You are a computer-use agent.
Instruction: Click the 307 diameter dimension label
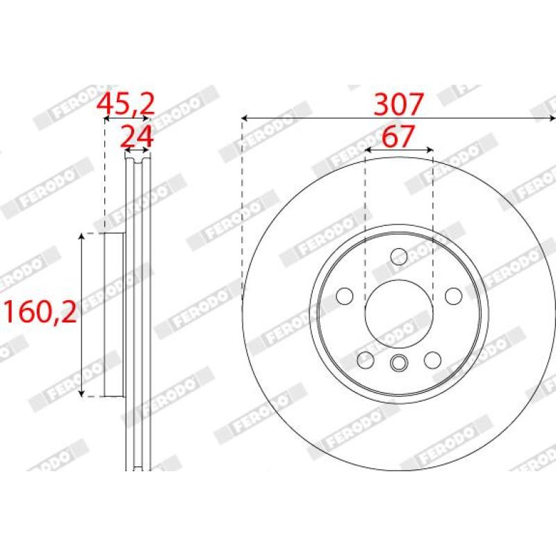coord(399,104)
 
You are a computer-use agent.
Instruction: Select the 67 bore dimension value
coord(398,136)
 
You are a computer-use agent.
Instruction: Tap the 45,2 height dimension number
coord(126,104)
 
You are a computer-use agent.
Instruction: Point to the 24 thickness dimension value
coord(137,136)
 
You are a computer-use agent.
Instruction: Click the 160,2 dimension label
coord(40,311)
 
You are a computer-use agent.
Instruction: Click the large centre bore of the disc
coord(399,313)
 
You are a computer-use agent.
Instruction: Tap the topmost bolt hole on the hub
coord(399,256)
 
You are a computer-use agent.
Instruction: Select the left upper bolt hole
coord(345,296)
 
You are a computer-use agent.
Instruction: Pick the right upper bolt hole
coord(454,296)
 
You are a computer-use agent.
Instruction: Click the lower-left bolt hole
coord(366,360)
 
